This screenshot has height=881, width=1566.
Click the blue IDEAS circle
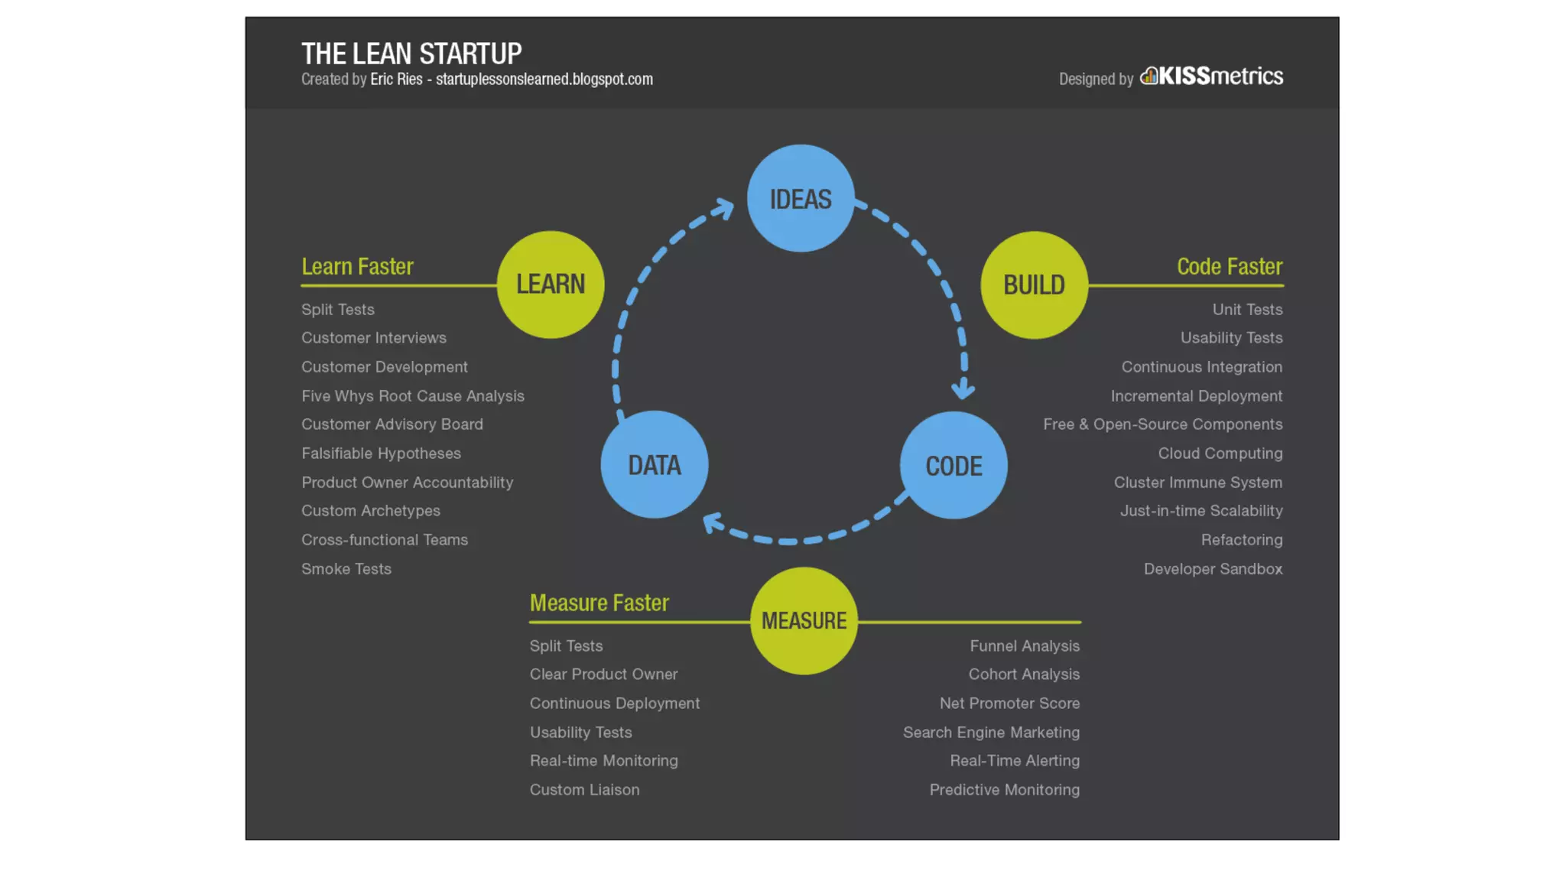(x=801, y=198)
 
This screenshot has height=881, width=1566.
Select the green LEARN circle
(x=551, y=284)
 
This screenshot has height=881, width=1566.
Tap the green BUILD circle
(x=1034, y=284)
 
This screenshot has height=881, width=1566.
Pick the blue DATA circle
(x=655, y=465)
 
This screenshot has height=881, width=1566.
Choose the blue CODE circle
(x=954, y=465)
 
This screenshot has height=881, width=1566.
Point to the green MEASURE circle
(x=804, y=621)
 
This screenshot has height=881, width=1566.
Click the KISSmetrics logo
(x=1212, y=76)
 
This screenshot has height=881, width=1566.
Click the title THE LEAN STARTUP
(x=411, y=54)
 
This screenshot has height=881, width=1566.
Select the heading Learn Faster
(x=357, y=266)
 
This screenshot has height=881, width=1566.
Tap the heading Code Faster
(x=1230, y=266)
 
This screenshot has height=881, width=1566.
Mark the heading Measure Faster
(x=599, y=603)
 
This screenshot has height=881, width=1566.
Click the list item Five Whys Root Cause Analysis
(x=413, y=396)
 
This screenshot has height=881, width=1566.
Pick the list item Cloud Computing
(x=1220, y=454)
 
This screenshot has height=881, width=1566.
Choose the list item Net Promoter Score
(x=1009, y=704)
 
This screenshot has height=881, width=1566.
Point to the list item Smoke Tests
(x=346, y=569)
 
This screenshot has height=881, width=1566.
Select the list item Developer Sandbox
(x=1213, y=569)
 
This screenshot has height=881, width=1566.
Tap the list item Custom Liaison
(x=584, y=790)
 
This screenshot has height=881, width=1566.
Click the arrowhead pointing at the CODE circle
(x=963, y=389)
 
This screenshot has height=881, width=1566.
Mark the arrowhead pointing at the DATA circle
(x=713, y=523)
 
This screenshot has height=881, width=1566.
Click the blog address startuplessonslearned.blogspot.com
(x=544, y=80)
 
